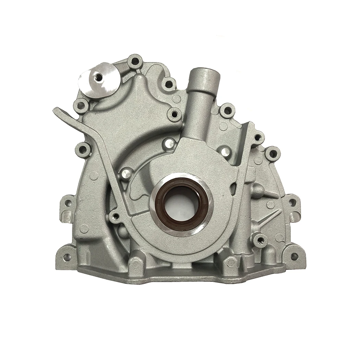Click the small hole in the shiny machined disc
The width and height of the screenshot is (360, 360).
[99, 77]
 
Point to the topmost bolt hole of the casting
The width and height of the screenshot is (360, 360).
[135, 62]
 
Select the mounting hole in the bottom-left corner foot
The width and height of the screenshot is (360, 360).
[67, 256]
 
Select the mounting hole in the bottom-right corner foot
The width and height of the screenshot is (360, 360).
[294, 256]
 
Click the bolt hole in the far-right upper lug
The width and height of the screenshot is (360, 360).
[273, 153]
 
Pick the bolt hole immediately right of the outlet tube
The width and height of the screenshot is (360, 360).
[227, 111]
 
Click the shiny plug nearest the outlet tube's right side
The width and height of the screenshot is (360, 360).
[225, 151]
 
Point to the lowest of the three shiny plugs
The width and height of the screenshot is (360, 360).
[127, 173]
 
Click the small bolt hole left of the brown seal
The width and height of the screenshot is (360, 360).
[116, 216]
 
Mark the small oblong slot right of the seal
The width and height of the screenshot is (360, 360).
[234, 188]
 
